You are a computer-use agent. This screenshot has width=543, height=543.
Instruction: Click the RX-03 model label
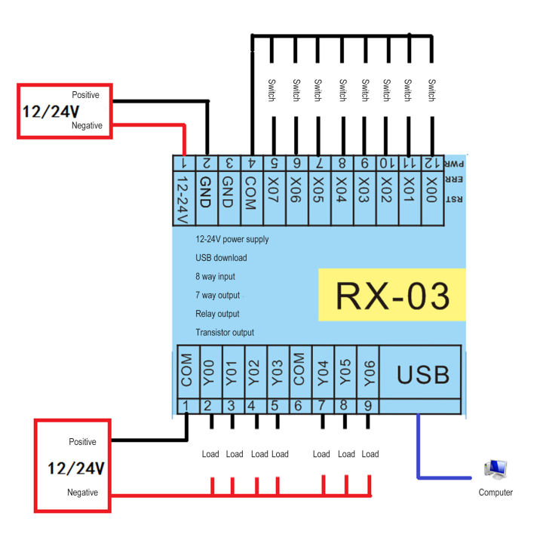(392, 296)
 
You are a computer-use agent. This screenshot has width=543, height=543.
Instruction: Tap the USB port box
(423, 374)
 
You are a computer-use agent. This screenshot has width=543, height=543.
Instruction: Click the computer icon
(496, 471)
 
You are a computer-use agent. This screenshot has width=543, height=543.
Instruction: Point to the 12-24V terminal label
(182, 199)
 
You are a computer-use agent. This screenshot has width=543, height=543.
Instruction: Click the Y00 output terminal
(208, 371)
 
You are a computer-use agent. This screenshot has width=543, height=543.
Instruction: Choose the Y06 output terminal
(369, 371)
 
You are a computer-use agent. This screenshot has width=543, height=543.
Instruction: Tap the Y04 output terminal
(323, 371)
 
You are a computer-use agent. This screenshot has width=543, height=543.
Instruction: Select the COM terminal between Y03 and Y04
(299, 371)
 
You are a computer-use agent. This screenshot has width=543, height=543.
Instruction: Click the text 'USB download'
(221, 258)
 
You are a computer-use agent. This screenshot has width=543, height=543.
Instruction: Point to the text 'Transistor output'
(225, 333)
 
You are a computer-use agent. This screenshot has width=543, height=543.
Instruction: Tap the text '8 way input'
(216, 277)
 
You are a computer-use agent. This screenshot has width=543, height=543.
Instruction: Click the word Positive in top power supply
(85, 95)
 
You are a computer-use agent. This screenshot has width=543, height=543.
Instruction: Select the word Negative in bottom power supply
(82, 492)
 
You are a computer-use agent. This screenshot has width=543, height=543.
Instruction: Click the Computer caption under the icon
(495, 492)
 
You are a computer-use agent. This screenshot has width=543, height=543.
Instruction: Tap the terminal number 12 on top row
(431, 162)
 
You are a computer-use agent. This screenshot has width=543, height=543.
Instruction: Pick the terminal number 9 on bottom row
(369, 406)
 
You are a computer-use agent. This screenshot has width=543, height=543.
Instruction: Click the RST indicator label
(454, 200)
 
